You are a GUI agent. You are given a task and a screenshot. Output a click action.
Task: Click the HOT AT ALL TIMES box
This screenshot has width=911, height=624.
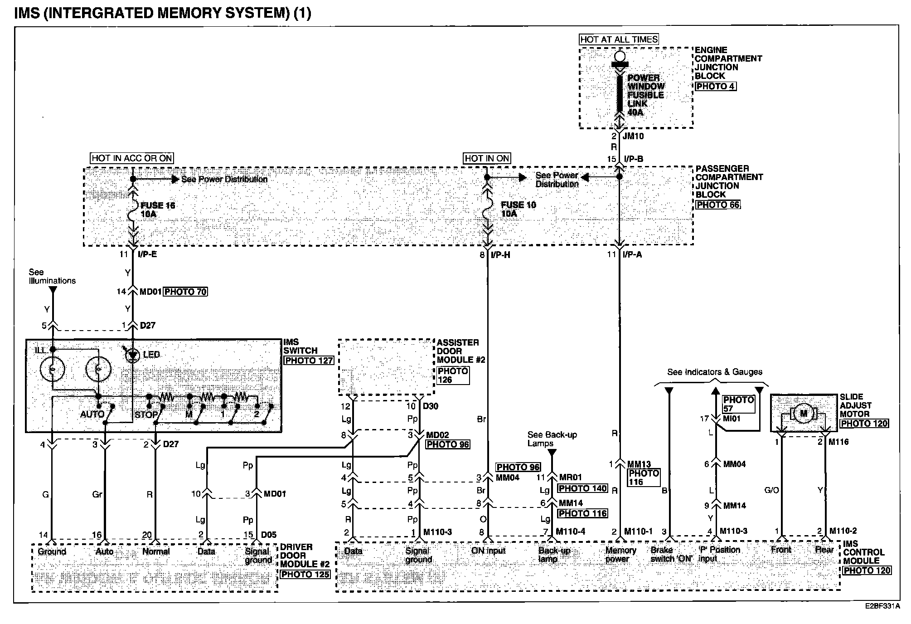pyautogui.click(x=619, y=39)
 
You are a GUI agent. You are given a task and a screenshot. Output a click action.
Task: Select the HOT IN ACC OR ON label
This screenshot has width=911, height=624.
pyautogui.click(x=132, y=158)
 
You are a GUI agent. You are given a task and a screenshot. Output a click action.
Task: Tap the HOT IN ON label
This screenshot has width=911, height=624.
pyautogui.click(x=487, y=158)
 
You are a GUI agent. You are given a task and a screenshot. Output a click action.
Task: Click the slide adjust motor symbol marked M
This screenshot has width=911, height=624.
pyautogui.click(x=804, y=413)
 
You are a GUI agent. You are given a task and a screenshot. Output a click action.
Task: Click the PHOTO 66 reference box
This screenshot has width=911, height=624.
pyautogui.click(x=718, y=205)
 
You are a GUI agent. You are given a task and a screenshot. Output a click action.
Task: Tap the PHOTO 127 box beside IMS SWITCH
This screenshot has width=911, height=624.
pyautogui.click(x=309, y=361)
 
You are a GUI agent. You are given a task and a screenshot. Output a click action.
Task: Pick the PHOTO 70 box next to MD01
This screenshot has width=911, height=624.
pyautogui.click(x=185, y=292)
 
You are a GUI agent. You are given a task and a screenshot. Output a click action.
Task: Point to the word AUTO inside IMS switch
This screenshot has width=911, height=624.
pyautogui.click(x=92, y=414)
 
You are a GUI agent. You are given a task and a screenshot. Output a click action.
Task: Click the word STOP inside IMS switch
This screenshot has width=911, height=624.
pyautogui.click(x=146, y=414)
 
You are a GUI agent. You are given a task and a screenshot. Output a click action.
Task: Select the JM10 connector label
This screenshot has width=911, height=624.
pyautogui.click(x=633, y=136)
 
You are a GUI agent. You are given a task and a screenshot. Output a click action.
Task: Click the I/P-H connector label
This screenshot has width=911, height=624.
pyautogui.click(x=500, y=255)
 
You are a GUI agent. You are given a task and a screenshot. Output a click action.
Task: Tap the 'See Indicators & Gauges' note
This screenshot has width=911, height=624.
pyautogui.click(x=715, y=372)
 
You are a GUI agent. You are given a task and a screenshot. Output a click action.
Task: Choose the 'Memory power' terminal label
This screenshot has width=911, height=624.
pyautogui.click(x=620, y=554)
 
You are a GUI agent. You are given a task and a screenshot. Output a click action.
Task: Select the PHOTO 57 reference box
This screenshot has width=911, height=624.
pyautogui.click(x=738, y=404)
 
